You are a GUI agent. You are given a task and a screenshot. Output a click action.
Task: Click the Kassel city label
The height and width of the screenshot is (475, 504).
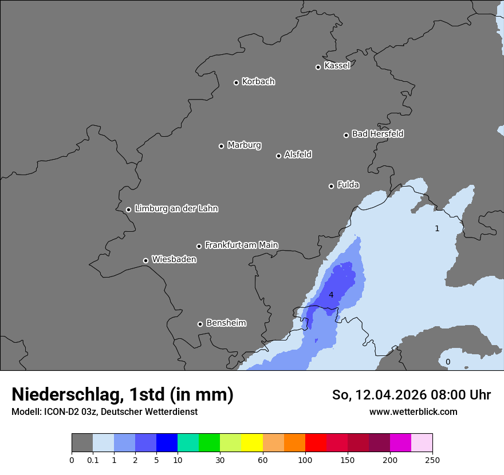(x=337, y=66)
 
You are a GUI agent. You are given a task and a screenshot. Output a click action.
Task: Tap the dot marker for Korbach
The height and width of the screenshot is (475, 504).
(x=236, y=82)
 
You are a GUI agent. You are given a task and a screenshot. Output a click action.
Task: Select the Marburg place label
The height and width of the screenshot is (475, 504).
(x=244, y=145)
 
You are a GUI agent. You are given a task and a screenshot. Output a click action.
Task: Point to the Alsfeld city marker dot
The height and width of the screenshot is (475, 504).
(x=278, y=156)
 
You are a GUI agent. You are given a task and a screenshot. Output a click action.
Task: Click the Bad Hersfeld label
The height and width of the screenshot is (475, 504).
(x=377, y=134)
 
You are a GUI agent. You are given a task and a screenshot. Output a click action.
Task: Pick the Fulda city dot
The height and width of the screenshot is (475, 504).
(x=331, y=186)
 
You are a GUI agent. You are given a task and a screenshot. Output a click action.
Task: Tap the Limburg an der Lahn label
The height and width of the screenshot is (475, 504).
(x=176, y=209)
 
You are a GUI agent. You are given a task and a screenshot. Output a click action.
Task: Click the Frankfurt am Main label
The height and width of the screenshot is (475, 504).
(x=241, y=245)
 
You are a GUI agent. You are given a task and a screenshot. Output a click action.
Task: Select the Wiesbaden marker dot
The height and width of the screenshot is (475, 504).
(x=145, y=260)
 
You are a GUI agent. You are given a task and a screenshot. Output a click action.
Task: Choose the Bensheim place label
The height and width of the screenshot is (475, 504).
(x=226, y=323)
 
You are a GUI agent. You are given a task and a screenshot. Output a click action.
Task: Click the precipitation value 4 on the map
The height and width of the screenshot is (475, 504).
(x=331, y=295)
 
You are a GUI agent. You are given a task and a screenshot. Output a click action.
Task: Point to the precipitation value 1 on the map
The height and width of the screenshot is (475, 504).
(x=437, y=229)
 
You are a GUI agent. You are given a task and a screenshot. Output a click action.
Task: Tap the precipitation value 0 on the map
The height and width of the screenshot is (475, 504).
(x=448, y=362)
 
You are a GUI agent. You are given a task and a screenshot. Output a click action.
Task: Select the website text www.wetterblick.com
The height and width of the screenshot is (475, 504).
(x=413, y=411)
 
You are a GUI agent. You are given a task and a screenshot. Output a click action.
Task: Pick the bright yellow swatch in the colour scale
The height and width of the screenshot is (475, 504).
(x=251, y=443)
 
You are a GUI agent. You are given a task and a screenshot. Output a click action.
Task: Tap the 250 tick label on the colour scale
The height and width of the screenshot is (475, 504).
(x=432, y=460)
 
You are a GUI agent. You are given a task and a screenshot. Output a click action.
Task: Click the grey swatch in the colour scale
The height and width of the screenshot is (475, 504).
(x=82, y=443)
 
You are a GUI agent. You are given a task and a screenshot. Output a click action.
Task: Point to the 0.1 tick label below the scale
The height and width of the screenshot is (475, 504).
(x=93, y=460)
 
